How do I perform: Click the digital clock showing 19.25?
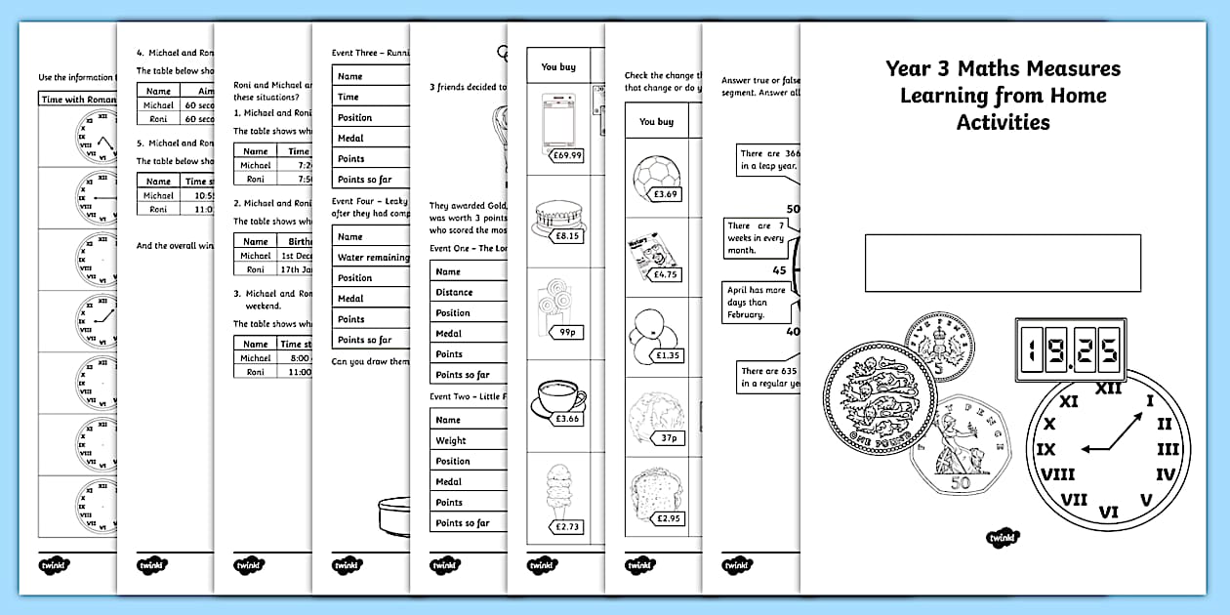pos(1067,348)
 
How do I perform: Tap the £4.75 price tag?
pos(666,274)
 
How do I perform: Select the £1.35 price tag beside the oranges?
pos(669,356)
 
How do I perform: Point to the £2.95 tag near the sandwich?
pos(669,518)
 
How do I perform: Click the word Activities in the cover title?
pos(1003,123)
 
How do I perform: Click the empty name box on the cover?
pos(1003,263)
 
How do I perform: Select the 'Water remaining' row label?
pos(371,257)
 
